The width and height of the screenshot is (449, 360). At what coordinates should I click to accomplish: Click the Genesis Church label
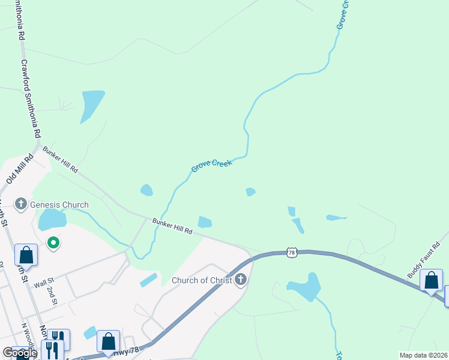click(x=59, y=205)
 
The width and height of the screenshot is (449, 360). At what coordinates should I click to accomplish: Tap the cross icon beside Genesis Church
click(x=21, y=205)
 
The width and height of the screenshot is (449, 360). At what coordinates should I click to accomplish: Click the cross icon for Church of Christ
click(x=241, y=280)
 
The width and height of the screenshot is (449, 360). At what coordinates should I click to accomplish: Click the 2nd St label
click(x=52, y=295)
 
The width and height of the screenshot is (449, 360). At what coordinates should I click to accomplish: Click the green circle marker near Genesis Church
click(x=53, y=243)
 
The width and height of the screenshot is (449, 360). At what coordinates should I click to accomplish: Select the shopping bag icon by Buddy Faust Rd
click(x=431, y=280)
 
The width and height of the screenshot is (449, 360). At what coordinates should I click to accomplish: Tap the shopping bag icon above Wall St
click(x=26, y=254)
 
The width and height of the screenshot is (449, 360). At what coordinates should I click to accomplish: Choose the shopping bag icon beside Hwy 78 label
click(x=108, y=341)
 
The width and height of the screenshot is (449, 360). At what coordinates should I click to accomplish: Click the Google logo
click(x=20, y=353)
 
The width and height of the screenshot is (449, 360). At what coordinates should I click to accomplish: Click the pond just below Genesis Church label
click(x=52, y=220)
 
